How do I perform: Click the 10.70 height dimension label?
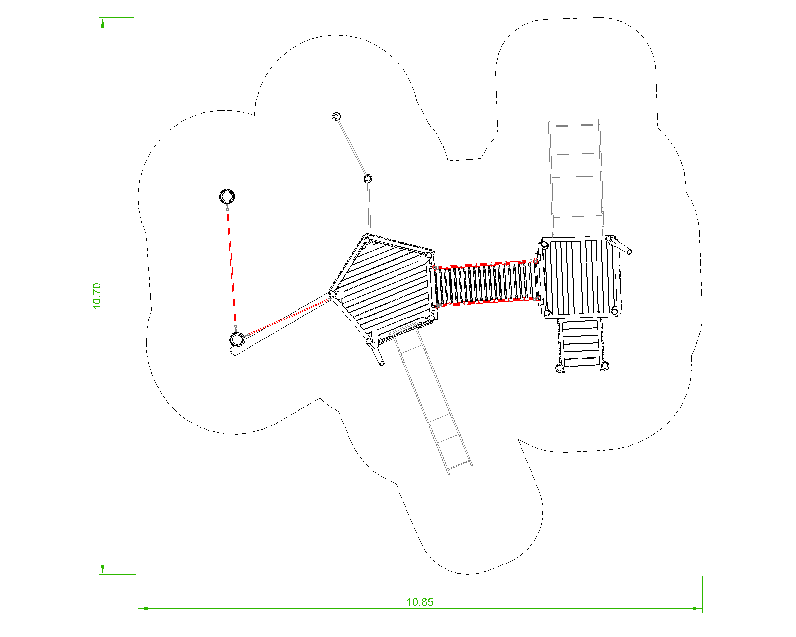(97, 296)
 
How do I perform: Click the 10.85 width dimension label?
(420, 602)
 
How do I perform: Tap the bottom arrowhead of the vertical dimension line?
(103, 569)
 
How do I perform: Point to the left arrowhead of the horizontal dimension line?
(143, 608)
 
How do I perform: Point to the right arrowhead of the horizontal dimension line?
(697, 608)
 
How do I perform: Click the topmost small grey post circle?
(336, 117)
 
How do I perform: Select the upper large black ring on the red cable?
(227, 196)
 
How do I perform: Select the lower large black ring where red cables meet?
(237, 339)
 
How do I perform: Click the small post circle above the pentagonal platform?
(368, 179)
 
